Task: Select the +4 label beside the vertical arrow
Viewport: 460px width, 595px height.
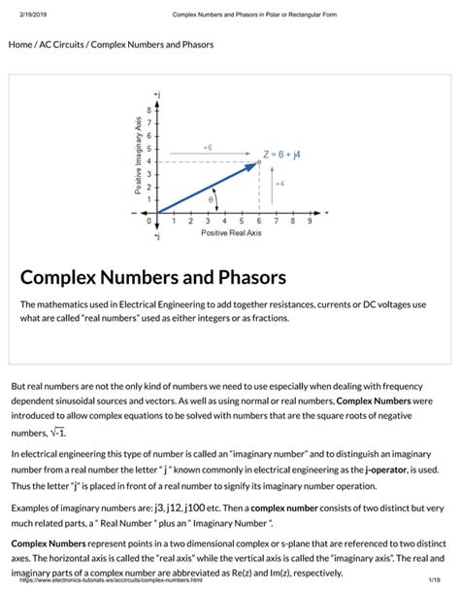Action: (280, 183)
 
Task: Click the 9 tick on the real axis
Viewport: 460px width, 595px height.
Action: (310, 222)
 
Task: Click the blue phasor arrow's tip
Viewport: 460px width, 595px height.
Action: (256, 163)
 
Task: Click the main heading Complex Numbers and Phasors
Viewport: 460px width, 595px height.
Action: (153, 277)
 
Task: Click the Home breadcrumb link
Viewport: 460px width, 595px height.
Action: (20, 45)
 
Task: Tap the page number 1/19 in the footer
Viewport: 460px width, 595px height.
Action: (436, 580)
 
